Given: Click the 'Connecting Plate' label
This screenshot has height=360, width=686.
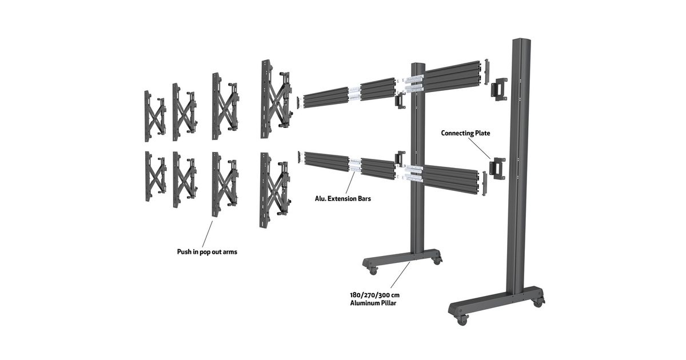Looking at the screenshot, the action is click(x=465, y=133).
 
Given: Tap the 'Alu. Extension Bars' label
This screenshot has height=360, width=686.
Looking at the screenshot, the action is click(x=342, y=199).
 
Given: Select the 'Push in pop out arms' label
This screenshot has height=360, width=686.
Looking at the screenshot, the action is click(x=207, y=252).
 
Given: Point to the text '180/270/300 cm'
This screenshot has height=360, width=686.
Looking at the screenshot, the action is click(x=375, y=295).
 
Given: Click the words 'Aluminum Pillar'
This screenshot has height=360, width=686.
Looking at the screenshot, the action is click(x=373, y=303).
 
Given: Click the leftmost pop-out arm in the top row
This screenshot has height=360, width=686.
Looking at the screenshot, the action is click(x=155, y=116).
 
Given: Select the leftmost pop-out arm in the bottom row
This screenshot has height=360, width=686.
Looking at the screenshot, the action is click(x=155, y=177).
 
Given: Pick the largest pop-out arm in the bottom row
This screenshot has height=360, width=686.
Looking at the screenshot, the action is click(x=275, y=190).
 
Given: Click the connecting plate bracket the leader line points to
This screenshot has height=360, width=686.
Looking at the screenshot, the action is click(x=497, y=169).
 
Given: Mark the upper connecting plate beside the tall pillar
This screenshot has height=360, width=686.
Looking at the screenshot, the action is click(x=499, y=89).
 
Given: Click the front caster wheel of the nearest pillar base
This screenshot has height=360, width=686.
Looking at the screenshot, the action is click(x=461, y=320).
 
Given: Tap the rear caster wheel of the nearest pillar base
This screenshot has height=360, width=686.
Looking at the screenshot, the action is click(x=538, y=303).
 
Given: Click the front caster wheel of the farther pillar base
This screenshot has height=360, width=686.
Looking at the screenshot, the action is click(x=373, y=271).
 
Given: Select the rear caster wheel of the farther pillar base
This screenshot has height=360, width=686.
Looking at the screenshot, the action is click(x=437, y=261).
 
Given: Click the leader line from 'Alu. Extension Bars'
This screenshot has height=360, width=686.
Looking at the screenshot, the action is click(x=350, y=183).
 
